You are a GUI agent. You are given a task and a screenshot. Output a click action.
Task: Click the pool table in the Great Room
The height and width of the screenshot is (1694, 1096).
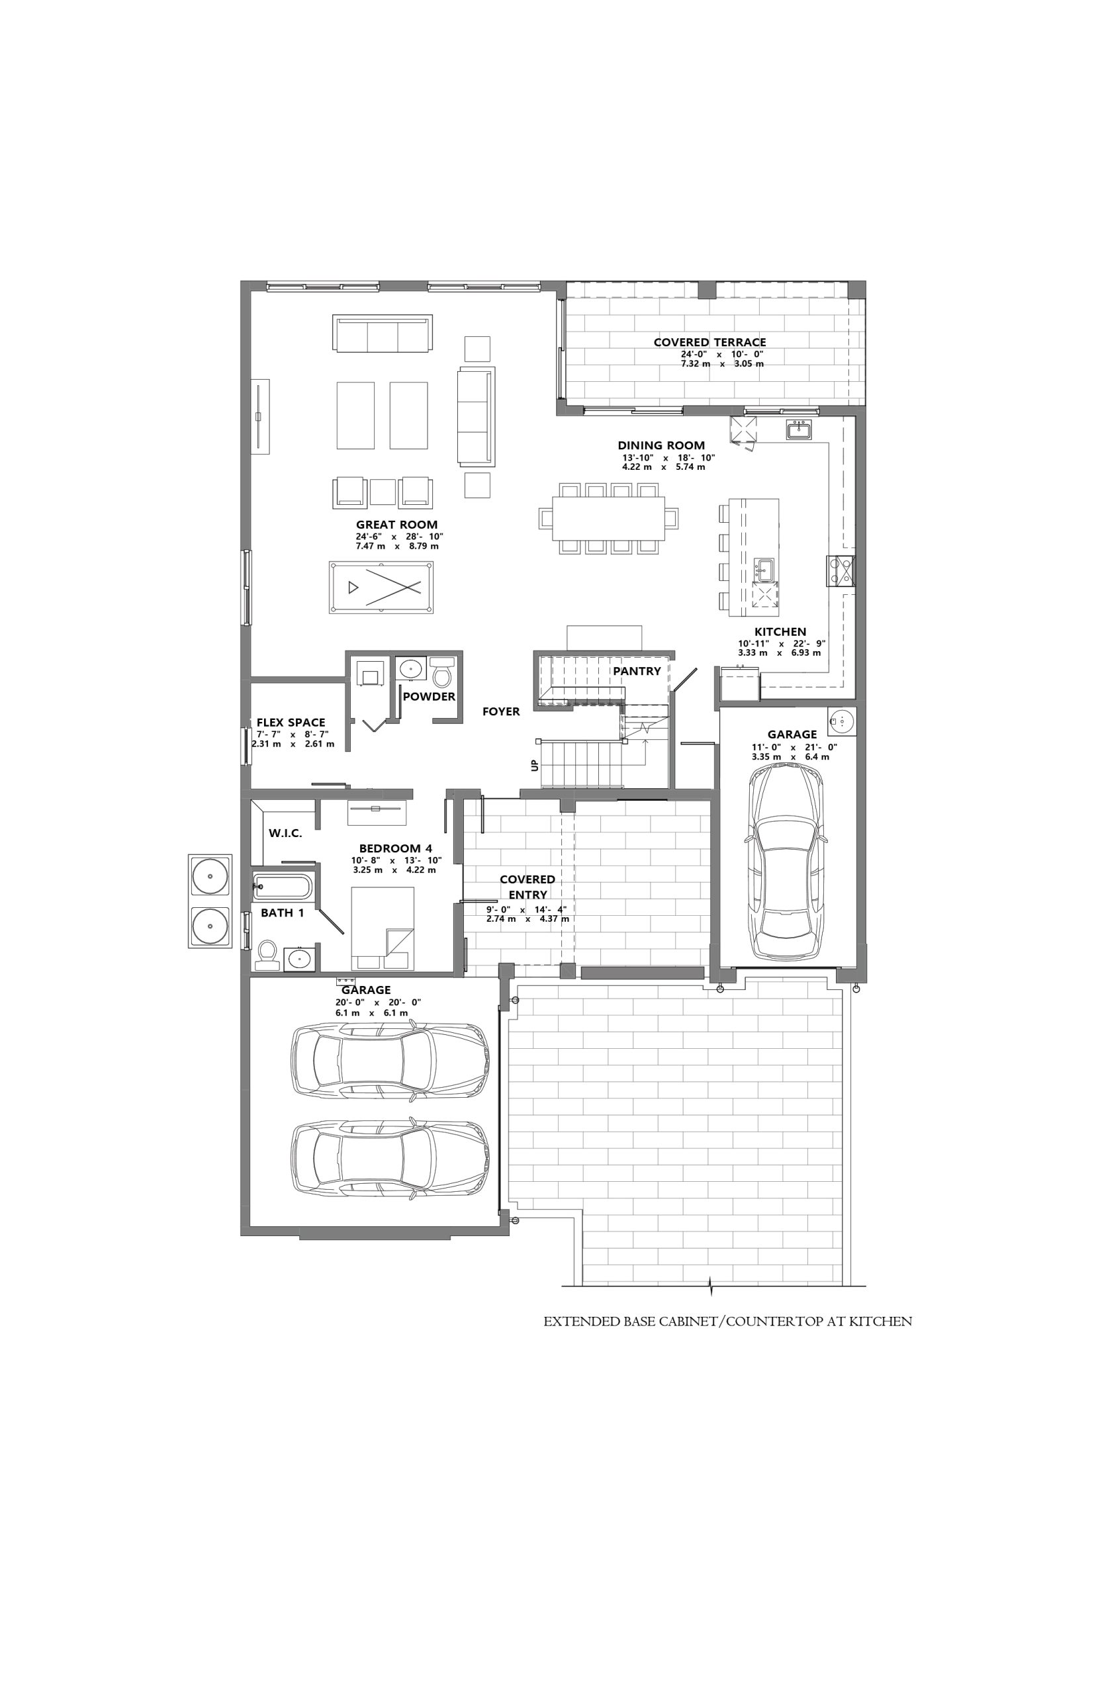[381, 587]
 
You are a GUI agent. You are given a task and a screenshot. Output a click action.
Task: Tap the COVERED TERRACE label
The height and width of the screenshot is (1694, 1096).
[709, 342]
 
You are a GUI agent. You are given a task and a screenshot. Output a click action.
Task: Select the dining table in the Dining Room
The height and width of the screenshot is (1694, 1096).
[608, 517]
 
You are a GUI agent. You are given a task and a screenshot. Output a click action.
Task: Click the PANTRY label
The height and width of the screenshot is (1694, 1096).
[637, 671]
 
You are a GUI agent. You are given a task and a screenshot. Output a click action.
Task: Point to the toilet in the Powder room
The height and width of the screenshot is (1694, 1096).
[443, 670]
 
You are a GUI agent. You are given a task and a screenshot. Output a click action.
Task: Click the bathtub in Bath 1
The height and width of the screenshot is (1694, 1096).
[283, 887]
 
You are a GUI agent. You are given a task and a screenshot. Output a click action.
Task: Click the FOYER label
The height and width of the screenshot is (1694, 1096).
[501, 711]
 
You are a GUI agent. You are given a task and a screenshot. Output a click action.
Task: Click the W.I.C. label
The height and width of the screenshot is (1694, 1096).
[285, 833]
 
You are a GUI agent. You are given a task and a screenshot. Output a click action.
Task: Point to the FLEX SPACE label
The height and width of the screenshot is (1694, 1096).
[291, 723]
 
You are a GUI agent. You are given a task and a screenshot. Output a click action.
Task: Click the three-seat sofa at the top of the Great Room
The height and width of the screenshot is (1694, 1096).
[382, 333]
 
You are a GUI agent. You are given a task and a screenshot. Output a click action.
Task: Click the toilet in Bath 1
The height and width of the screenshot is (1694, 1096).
[267, 955]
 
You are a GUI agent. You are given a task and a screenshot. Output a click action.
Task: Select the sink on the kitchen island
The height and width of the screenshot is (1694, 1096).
[765, 568]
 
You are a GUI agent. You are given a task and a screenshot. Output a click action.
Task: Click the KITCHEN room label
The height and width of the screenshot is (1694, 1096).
[780, 632]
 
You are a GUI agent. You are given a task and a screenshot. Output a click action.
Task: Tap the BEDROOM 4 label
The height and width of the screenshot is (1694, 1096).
[395, 849]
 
